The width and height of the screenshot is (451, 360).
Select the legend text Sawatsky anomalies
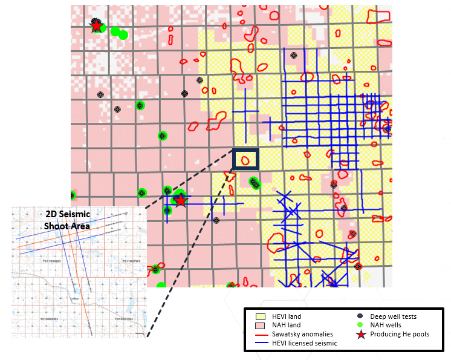[300, 335]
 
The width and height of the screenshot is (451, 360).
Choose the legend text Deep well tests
[394, 316]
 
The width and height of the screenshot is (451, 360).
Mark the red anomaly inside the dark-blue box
[245, 160]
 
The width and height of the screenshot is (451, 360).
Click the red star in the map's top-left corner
[96, 25]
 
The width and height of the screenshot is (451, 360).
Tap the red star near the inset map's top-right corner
[180, 200]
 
